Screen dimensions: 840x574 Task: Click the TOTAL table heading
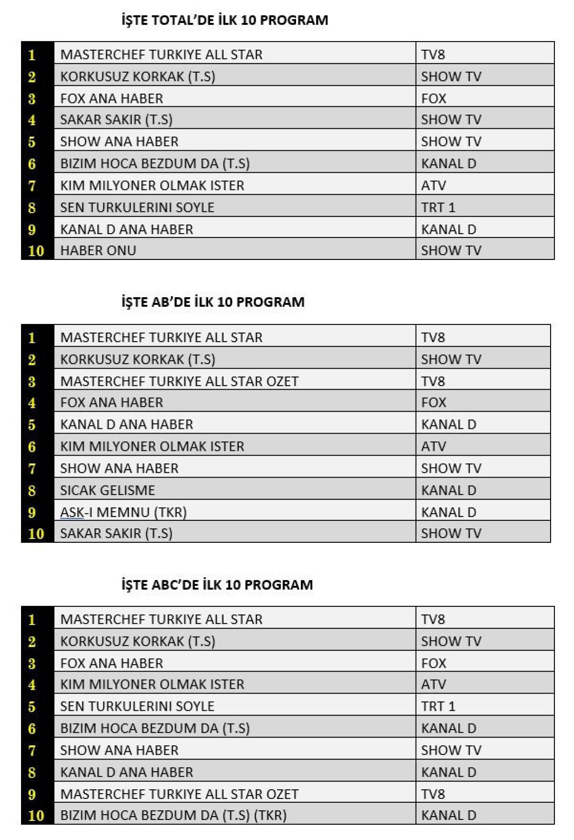coord(225,20)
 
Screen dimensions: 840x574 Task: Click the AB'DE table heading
coord(213,302)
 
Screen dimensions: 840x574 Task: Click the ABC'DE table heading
coord(217,584)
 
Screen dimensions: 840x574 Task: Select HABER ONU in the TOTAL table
coord(98,250)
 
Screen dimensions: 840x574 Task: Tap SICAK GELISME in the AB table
coord(108,490)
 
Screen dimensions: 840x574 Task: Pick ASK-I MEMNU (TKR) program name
coord(123,512)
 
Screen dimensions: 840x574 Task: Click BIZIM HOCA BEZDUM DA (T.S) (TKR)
coord(173,815)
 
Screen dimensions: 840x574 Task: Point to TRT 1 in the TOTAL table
coord(438,207)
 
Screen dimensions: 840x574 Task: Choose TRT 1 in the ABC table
coord(438,706)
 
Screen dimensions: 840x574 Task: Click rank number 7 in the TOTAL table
coord(32,186)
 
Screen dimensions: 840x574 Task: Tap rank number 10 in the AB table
coord(36,534)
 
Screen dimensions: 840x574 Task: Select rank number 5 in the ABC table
coord(32,707)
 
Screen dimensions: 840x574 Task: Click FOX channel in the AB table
coord(433,403)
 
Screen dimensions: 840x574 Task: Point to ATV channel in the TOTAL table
coord(433,185)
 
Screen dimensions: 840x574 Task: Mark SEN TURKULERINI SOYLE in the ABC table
coord(137,706)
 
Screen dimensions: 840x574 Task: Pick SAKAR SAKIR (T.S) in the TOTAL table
coord(116,120)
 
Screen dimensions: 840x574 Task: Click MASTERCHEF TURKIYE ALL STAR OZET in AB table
coord(179,381)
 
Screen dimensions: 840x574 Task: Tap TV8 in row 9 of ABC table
coord(433,794)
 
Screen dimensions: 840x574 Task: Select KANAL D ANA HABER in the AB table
coord(127,424)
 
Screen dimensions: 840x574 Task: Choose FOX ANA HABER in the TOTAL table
coord(111,98)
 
